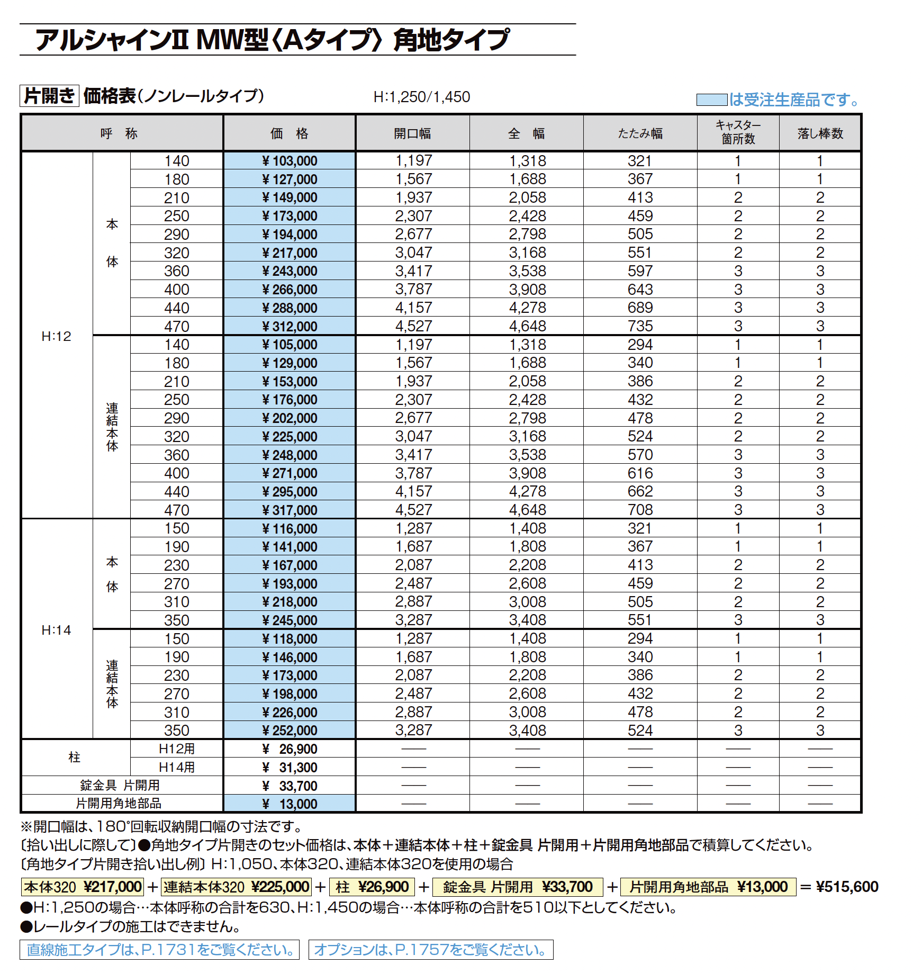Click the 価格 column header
pos(289,133)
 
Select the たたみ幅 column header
pos(640,133)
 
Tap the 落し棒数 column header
pos(820,133)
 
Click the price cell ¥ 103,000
pos(290,161)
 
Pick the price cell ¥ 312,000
pos(290,327)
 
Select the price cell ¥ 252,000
pos(290,731)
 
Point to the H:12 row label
pos(56,336)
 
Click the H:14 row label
pos(56,630)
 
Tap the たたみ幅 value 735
pos(640,326)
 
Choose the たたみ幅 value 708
pos(640,510)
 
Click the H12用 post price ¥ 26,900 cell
pos(290,749)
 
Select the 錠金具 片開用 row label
pos(120,786)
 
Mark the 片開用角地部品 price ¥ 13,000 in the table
pos(290,804)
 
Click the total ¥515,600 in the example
pos(847,887)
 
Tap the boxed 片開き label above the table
pos(49,96)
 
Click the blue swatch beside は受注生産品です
pos(711,100)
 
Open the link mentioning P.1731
pos(160,950)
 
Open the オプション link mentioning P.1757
pos(430,950)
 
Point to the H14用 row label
pos(177,767)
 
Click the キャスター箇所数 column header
pos(738,132)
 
